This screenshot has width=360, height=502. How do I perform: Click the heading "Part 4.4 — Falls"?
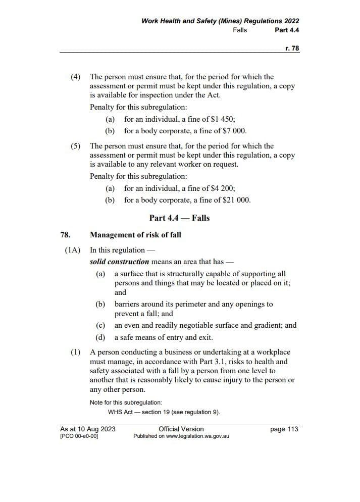(x=179, y=218)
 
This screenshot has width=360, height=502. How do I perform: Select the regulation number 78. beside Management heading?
(x=65, y=235)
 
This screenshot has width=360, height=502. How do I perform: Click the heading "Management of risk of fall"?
(x=135, y=235)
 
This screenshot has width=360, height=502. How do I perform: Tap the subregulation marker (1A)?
(x=72, y=249)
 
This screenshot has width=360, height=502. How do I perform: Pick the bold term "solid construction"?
(x=119, y=262)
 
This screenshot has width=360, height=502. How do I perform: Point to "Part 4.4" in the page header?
(x=287, y=30)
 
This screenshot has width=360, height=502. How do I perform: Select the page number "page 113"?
(x=284, y=429)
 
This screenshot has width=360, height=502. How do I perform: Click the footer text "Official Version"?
(x=181, y=429)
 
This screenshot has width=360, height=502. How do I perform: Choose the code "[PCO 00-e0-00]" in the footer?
(x=79, y=436)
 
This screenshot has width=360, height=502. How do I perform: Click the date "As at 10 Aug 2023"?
(x=88, y=429)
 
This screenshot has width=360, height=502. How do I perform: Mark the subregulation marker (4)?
(x=75, y=77)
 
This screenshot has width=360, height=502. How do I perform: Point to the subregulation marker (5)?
(x=75, y=146)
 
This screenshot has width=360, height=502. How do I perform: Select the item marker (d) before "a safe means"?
(x=100, y=337)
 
